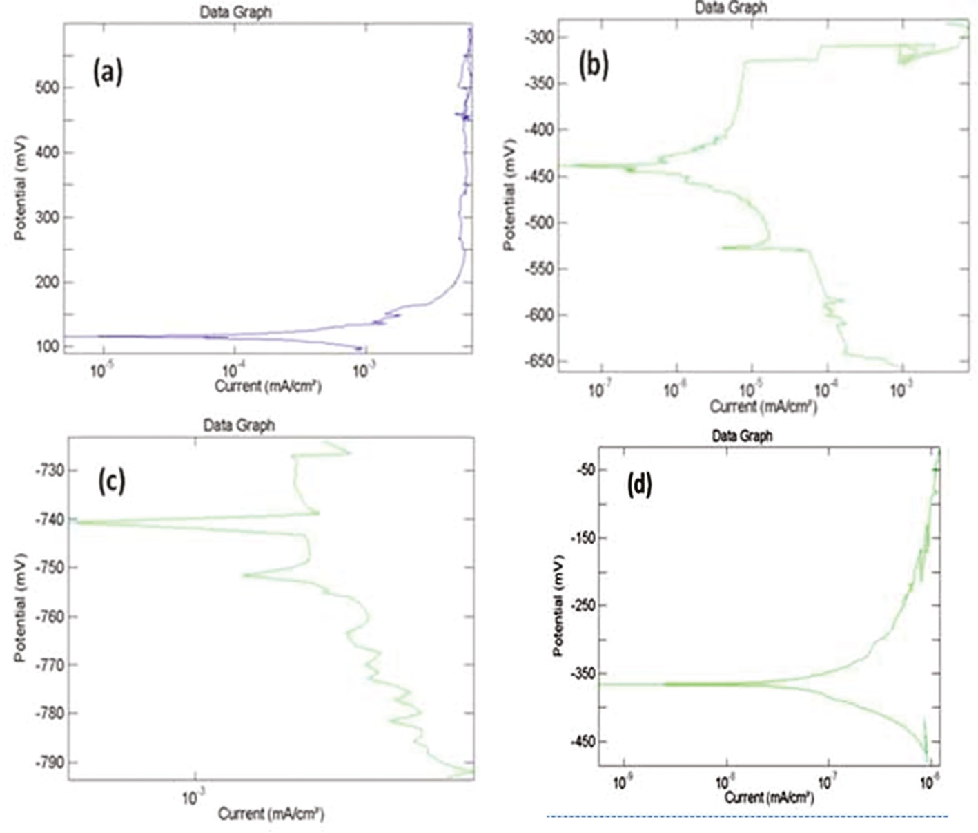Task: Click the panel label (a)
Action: [x=108, y=72]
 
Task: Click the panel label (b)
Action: [x=594, y=66]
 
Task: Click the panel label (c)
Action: [x=111, y=481]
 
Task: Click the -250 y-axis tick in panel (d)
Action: [x=581, y=605]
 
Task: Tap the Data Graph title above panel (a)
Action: [x=235, y=12]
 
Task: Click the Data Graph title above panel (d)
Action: [x=742, y=436]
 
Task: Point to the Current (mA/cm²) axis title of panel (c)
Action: [x=271, y=814]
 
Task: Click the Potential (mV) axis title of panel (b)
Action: [x=510, y=195]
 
